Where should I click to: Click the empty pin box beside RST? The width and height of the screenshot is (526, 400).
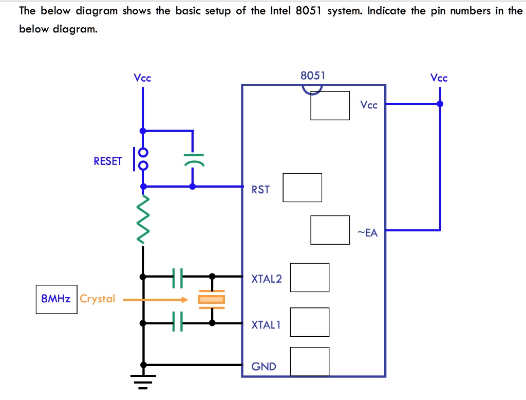pyautogui.click(x=302, y=188)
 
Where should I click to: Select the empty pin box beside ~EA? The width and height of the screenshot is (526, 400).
pyautogui.click(x=330, y=230)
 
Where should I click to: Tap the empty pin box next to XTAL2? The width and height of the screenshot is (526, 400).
pyautogui.click(x=309, y=277)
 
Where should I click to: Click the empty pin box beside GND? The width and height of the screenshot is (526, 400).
pyautogui.click(x=309, y=361)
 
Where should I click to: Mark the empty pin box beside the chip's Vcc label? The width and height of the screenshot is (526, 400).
pyautogui.click(x=330, y=105)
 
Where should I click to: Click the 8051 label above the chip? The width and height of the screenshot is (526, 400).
pyautogui.click(x=313, y=76)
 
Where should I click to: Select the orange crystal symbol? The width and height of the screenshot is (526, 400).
pyautogui.click(x=212, y=299)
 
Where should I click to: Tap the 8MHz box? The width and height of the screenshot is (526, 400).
pyautogui.click(x=56, y=299)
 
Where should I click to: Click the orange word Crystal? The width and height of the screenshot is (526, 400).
pyautogui.click(x=98, y=299)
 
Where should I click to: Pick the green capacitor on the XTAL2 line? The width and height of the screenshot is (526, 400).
pyautogui.click(x=178, y=277)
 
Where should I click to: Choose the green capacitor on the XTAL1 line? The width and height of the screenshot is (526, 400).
pyautogui.click(x=178, y=322)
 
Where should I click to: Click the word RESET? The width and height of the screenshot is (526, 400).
pyautogui.click(x=108, y=161)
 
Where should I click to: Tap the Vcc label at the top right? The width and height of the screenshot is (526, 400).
pyautogui.click(x=439, y=78)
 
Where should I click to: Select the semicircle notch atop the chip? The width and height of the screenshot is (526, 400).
pyautogui.click(x=312, y=89)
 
